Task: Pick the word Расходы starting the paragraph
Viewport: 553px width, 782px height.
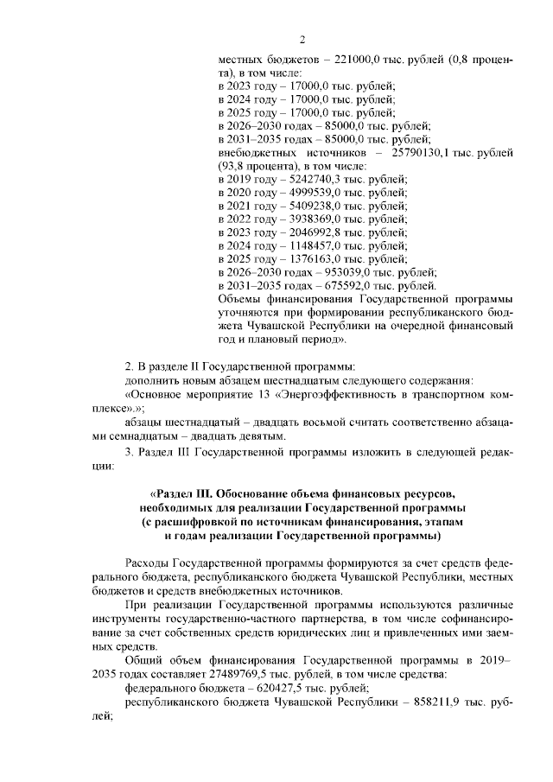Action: (148, 562)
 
